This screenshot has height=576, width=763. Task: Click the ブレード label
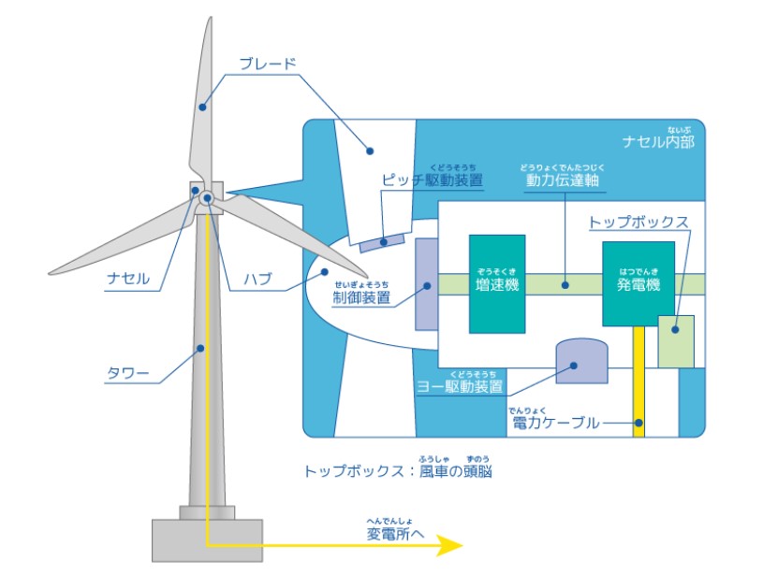point(268,65)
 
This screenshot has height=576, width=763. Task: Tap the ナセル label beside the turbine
point(127,279)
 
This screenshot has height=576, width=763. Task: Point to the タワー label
point(127,375)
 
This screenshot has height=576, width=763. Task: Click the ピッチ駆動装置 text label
point(433,180)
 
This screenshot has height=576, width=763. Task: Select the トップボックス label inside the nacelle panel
point(638,223)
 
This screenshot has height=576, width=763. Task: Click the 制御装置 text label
point(360,298)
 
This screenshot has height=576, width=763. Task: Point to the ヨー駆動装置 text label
point(458,385)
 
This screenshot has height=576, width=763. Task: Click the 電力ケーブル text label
point(556,423)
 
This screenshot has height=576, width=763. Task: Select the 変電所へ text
point(395,534)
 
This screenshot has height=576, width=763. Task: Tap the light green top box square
point(676,341)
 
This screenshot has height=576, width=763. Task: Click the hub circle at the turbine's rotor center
point(206,199)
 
